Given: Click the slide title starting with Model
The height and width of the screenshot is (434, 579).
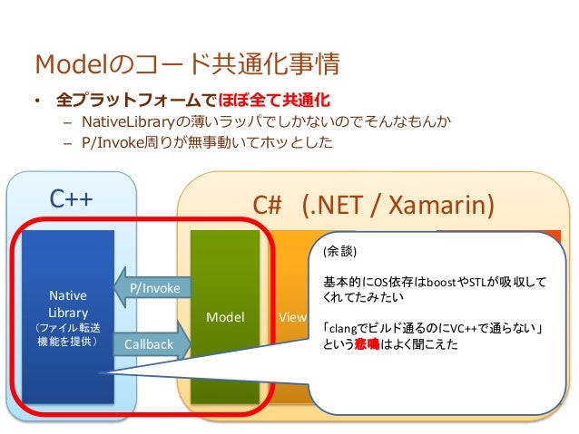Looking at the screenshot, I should (x=186, y=64).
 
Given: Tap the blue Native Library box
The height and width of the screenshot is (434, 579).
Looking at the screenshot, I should (x=68, y=317).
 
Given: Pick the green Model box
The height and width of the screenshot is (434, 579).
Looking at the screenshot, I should (x=224, y=317).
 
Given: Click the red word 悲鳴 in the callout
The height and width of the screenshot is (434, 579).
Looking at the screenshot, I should (x=380, y=343).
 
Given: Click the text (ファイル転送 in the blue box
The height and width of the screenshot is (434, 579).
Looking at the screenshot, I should (x=68, y=328).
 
